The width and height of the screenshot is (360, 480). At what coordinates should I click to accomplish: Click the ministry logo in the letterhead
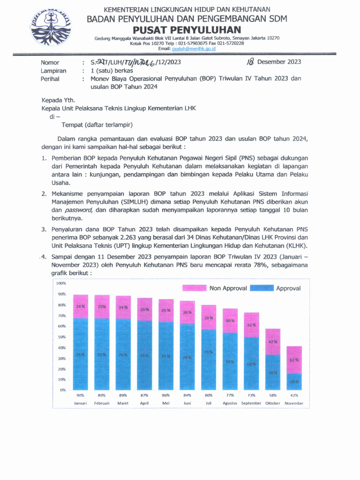click(51, 27)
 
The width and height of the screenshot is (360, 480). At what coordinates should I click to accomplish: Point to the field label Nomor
click(50, 62)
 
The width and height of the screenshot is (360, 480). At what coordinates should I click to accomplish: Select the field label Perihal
click(50, 79)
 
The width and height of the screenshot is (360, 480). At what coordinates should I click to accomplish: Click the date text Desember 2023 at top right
click(279, 62)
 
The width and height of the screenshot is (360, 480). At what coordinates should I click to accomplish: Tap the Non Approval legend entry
click(214, 288)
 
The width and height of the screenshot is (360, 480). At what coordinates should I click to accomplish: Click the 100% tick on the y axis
click(61, 283)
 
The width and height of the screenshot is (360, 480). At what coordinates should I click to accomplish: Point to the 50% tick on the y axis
click(61, 337)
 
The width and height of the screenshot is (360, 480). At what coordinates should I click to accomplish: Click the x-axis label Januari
click(81, 403)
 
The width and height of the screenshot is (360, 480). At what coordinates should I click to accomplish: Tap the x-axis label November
click(294, 403)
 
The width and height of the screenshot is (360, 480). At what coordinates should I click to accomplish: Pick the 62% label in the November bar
click(294, 360)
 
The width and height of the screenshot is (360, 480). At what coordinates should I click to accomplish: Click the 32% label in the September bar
click(251, 325)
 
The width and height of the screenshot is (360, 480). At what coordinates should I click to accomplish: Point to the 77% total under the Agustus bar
click(230, 395)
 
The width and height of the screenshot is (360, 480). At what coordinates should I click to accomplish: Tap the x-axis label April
click(144, 403)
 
